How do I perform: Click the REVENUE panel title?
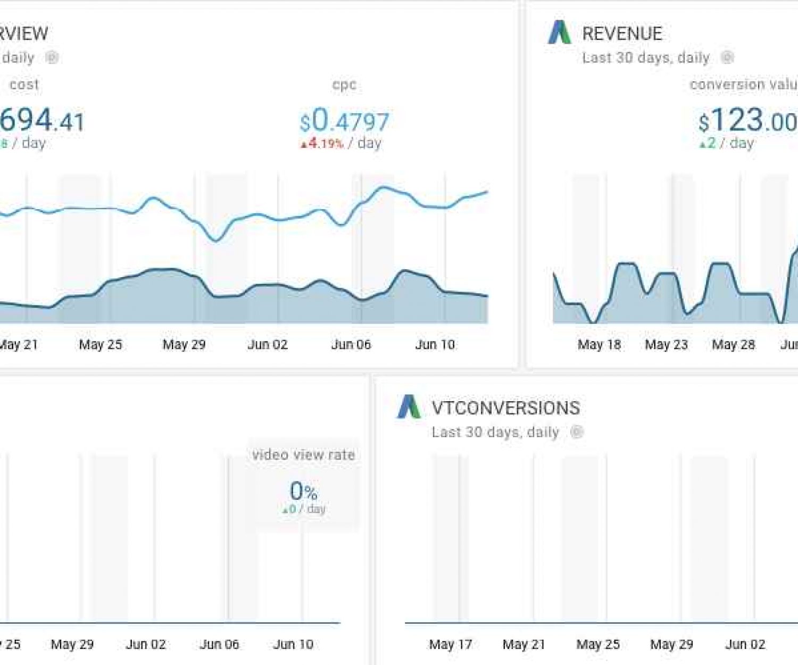pos(622,34)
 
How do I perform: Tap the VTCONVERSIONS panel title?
pos(505,408)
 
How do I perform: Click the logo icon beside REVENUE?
pos(559,32)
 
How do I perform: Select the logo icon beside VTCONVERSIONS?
pos(409,407)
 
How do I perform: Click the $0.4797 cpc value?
pos(345,121)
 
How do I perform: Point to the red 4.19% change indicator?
pos(322,144)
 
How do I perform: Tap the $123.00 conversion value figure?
pos(747,121)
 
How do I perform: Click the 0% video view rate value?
pos(303,491)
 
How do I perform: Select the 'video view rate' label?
pos(303,455)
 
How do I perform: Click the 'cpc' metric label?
pos(344,85)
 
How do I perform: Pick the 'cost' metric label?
pos(24,85)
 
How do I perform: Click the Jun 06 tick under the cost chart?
pos(351,345)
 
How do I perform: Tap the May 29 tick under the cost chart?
pos(184,345)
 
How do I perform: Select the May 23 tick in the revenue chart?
pos(666,345)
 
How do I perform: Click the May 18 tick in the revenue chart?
pos(599,345)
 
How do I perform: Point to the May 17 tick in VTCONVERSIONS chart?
pos(450,645)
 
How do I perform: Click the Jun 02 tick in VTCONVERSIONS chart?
pos(745,645)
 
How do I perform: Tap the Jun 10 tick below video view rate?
pos(293,645)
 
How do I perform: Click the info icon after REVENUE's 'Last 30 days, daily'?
pos(727,57)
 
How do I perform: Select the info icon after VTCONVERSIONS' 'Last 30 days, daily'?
pos(577,432)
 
